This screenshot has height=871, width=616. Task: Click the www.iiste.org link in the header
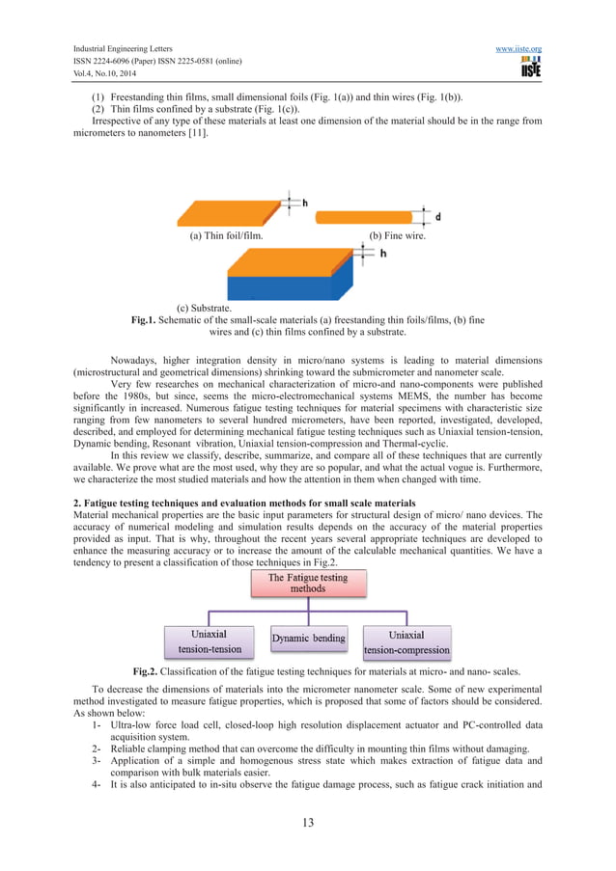(x=518, y=48)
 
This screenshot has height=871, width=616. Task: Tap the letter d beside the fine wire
(x=438, y=215)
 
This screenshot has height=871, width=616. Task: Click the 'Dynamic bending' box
(x=308, y=639)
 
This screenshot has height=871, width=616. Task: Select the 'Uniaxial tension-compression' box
(x=406, y=641)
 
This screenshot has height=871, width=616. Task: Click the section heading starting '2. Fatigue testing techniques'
(x=244, y=503)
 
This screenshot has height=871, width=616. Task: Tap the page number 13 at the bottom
(x=307, y=823)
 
